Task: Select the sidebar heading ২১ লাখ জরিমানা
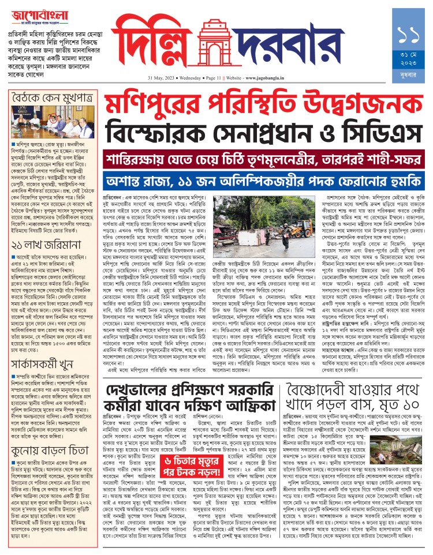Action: pos(38,230)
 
